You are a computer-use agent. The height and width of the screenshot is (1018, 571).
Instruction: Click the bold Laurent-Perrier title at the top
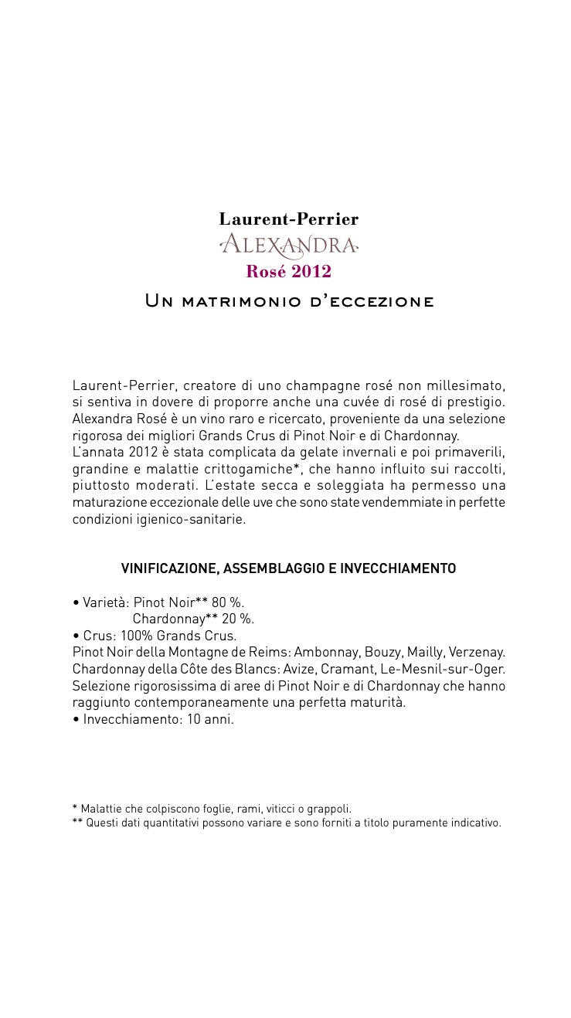pyautogui.click(x=288, y=219)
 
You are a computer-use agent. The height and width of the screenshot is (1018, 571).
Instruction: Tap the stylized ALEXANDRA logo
pyautogui.click(x=288, y=246)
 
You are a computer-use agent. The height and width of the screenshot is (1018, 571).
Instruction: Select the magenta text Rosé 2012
pyautogui.click(x=288, y=272)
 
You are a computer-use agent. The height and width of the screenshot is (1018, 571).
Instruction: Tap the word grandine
pyautogui.click(x=98, y=470)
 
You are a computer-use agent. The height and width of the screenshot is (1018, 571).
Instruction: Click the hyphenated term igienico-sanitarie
pyautogui.click(x=191, y=519)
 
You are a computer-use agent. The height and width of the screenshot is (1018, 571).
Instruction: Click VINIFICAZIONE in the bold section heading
pyautogui.click(x=168, y=569)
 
